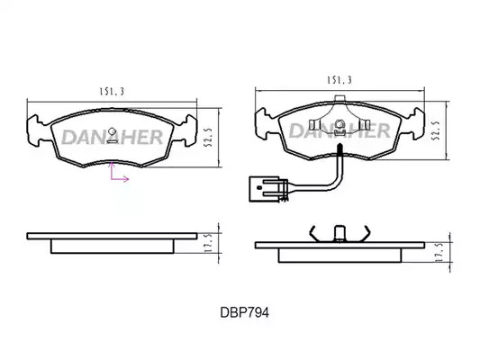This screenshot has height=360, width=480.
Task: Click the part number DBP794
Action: coord(245,312)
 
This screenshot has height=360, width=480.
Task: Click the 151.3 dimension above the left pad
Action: coord(112,92)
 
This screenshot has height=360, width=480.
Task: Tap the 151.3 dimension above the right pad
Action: coord(340,80)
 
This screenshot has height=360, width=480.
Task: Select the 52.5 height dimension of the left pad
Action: coord(209,138)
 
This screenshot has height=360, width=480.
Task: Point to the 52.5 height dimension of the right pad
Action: coord(436,130)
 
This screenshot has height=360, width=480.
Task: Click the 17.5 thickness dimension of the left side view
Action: coord(208,243)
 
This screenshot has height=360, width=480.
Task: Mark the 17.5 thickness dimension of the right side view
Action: coord(439,252)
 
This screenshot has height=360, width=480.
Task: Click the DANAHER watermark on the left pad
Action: coord(112,137)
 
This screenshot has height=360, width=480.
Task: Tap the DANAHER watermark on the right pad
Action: coord(340,130)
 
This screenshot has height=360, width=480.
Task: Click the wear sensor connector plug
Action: coord(265,189)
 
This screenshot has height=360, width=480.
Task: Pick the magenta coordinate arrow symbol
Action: coord(117,173)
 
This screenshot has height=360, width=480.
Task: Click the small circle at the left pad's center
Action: coord(113,131)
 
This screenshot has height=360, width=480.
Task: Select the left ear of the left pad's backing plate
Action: coord(37,130)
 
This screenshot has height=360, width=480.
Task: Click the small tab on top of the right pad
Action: coord(340,98)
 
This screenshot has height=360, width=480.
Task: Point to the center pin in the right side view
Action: coord(340,234)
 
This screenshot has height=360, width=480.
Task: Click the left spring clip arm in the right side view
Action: coord(313,234)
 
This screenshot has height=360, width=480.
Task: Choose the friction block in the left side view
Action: coord(113,247)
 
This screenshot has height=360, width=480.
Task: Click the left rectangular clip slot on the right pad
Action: coord(312,124)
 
